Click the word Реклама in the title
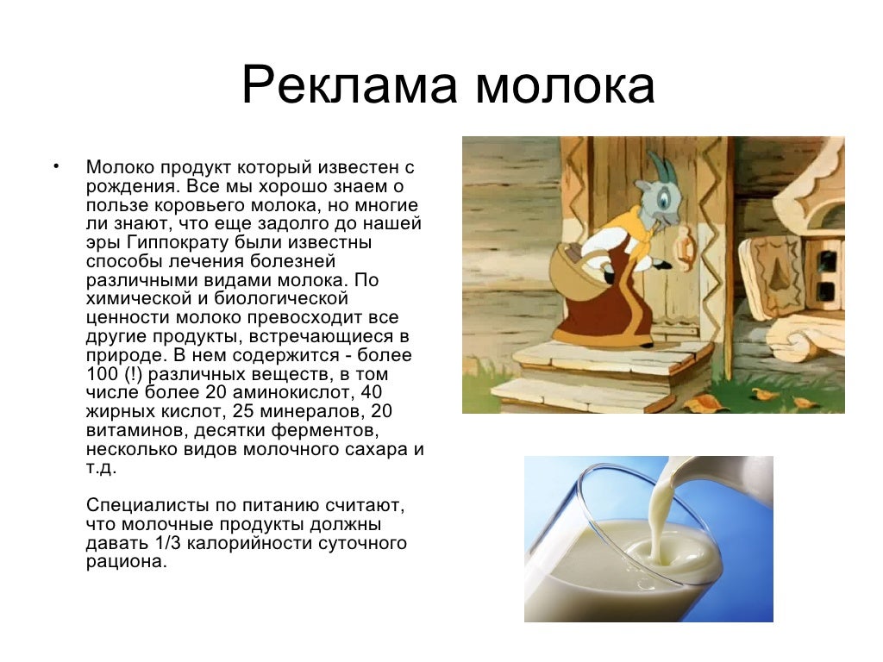tap(348, 85)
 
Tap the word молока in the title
tap(566, 85)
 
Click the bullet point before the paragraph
tap(56, 165)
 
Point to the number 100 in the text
tap(102, 374)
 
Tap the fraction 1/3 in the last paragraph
tap(166, 543)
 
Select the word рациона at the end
tap(126, 562)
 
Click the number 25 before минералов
tap(243, 411)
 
